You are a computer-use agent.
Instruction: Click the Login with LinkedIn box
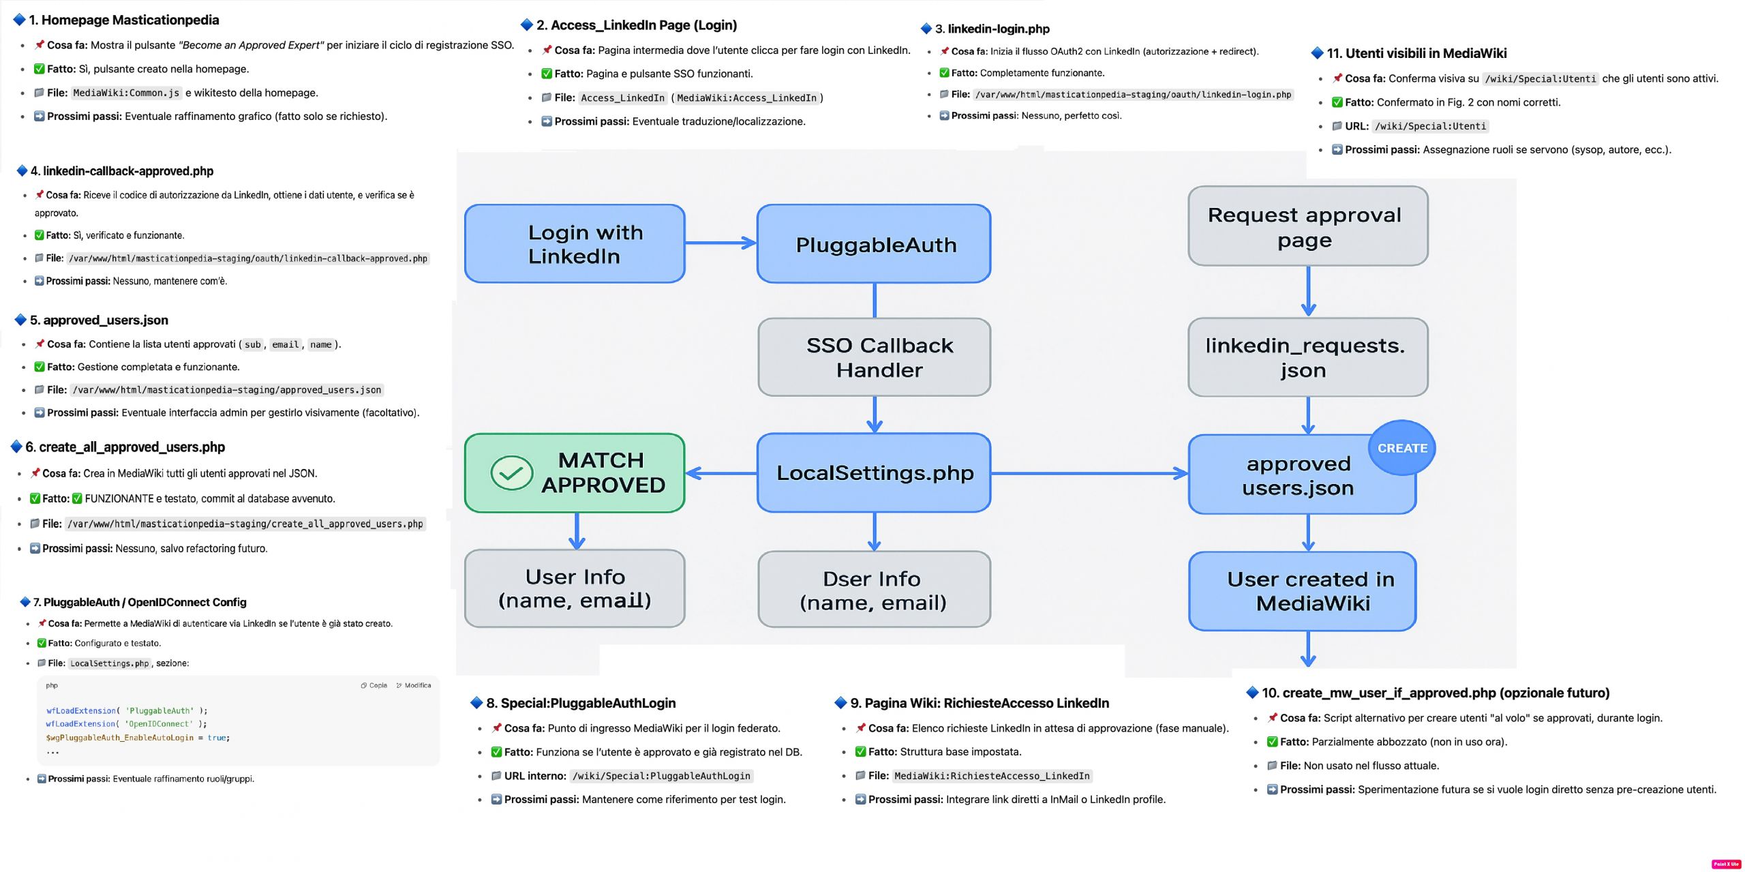click(x=575, y=243)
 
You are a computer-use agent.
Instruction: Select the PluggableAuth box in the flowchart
click(x=874, y=243)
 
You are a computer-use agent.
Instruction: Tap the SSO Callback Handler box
click(x=874, y=357)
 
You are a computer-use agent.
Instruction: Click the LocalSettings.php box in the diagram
click(x=874, y=472)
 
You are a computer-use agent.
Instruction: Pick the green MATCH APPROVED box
click(x=575, y=472)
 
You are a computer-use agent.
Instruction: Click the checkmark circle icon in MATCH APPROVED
click(x=512, y=472)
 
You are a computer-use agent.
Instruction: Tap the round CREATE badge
click(x=1402, y=448)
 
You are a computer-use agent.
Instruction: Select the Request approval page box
click(x=1308, y=226)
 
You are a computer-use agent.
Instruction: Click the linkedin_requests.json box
click(x=1308, y=357)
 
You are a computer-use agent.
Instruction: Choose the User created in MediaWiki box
click(x=1303, y=591)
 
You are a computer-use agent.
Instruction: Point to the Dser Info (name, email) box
click(x=874, y=590)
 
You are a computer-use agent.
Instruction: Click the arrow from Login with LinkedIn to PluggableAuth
click(x=721, y=243)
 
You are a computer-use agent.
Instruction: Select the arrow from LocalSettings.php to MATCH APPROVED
click(x=721, y=473)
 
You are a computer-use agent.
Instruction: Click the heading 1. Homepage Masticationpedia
click(x=123, y=20)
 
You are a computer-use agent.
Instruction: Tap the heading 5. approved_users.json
click(x=99, y=320)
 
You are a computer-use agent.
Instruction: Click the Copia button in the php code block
click(x=374, y=685)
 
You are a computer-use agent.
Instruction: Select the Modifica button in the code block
click(x=414, y=685)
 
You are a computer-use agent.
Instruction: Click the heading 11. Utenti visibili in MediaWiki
click(x=1416, y=53)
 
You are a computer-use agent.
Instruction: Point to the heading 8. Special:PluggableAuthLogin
click(x=581, y=703)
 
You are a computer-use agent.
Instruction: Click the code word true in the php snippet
click(x=217, y=738)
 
